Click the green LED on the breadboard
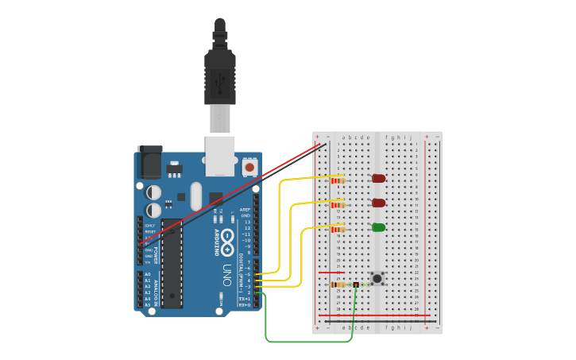[379, 228]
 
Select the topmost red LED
[379, 179]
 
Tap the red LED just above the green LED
[379, 203]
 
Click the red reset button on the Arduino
[250, 168]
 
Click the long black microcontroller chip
[172, 263]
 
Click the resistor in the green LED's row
[338, 230]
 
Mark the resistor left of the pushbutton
[338, 285]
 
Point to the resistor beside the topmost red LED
[339, 180]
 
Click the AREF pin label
[245, 210]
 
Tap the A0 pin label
[147, 274]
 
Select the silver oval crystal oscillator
[220, 300]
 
